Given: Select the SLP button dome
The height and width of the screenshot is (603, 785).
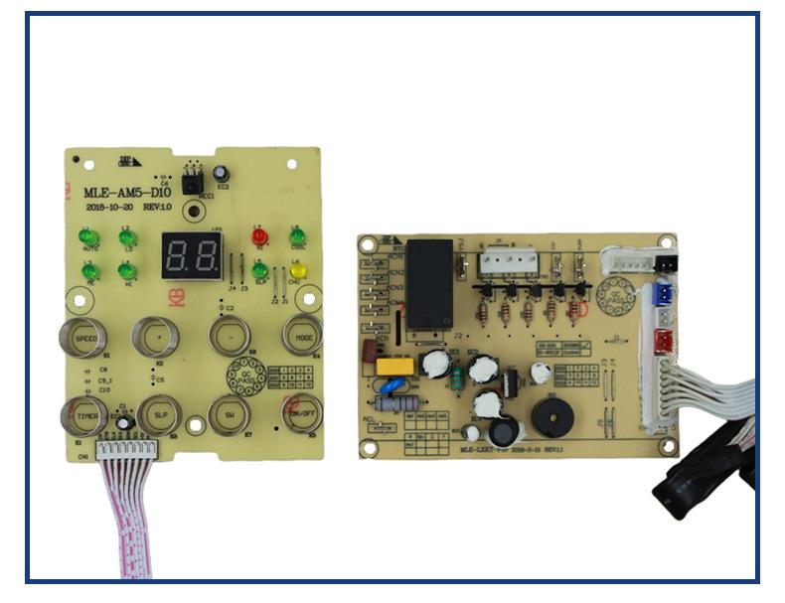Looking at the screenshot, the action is click(158, 414).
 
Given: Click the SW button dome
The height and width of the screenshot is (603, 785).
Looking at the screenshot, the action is click(229, 414).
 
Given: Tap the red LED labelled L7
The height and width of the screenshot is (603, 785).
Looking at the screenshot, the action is click(260, 237).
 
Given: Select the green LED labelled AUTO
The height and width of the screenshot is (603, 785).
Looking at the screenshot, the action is click(88, 237).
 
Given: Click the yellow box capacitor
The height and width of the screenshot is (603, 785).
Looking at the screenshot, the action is click(393, 366).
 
